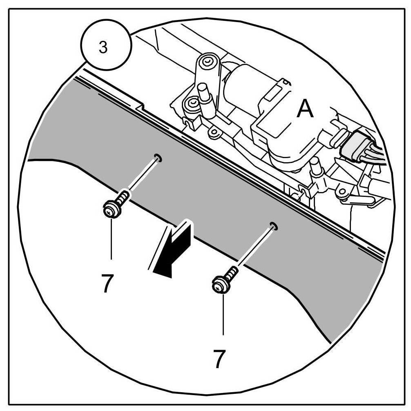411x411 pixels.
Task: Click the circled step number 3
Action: (x=104, y=47)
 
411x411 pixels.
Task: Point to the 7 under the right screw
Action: (x=219, y=359)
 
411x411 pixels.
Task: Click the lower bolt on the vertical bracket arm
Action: (x=191, y=105)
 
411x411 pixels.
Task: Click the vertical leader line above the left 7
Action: (x=111, y=239)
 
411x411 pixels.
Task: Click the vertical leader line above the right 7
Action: (x=223, y=315)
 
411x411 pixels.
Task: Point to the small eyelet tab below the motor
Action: (x=212, y=132)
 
